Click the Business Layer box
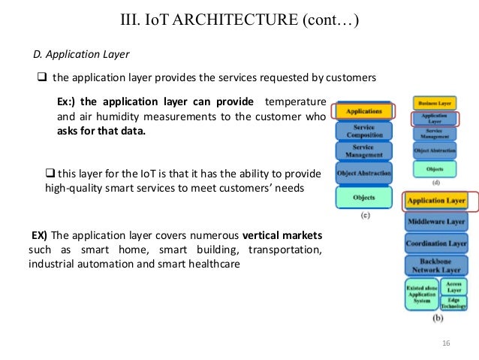[435, 102]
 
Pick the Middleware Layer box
[436, 223]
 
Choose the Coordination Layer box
[436, 244]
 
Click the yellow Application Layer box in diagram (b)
[436, 201]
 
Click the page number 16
[446, 344]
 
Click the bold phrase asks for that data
[101, 130]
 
